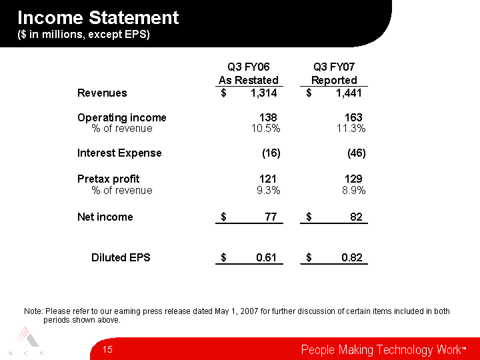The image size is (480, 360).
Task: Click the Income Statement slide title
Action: [98, 17]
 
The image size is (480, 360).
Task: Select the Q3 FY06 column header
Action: [248, 67]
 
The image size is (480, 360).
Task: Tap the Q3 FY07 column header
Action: [334, 67]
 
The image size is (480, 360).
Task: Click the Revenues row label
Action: [102, 93]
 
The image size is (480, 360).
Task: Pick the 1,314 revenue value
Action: [263, 93]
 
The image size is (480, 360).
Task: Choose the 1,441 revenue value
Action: [349, 93]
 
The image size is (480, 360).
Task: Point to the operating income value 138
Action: [268, 117]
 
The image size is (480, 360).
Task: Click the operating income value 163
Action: [353, 117]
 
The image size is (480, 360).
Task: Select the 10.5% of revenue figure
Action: [265, 129]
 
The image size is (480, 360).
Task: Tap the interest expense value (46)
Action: [356, 153]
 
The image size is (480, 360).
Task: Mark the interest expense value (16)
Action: [271, 153]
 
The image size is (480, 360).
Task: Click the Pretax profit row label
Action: [109, 179]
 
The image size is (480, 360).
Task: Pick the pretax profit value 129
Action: [353, 179]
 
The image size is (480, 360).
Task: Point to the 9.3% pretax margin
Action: [269, 191]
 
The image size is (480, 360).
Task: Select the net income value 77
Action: [271, 217]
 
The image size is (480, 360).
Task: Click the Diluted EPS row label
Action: [121, 257]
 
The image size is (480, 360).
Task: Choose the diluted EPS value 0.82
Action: [352, 257]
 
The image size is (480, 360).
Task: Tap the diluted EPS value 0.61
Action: [266, 257]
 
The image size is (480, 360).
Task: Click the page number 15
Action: [107, 349]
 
